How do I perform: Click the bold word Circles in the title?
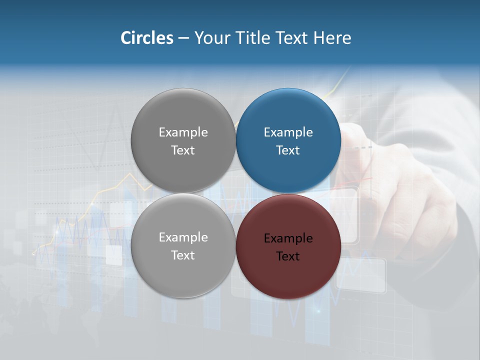click(147, 38)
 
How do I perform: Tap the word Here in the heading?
click(332, 38)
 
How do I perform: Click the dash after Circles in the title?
click(183, 38)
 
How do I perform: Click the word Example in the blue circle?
click(288, 132)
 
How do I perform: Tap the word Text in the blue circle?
click(288, 150)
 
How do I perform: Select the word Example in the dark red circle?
click(288, 238)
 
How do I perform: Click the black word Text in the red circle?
click(288, 256)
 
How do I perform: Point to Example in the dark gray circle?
click(183, 132)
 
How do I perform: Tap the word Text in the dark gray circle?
click(183, 150)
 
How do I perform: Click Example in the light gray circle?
click(183, 237)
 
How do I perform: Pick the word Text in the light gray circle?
click(183, 255)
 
